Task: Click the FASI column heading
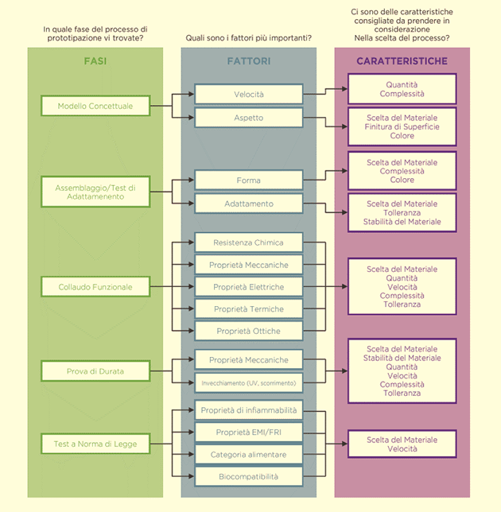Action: click(x=95, y=61)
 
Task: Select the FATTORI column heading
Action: click(x=249, y=61)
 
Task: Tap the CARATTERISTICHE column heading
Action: click(x=402, y=61)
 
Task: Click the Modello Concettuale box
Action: click(x=95, y=106)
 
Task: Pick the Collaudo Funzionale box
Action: click(x=95, y=287)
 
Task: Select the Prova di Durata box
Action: click(x=95, y=371)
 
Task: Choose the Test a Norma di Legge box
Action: click(x=95, y=444)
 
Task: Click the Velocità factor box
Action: click(x=249, y=95)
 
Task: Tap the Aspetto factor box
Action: click(x=249, y=118)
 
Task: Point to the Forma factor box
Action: click(x=249, y=180)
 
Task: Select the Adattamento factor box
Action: click(x=249, y=204)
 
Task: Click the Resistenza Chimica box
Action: click(x=249, y=242)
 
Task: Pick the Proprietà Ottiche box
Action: click(x=249, y=331)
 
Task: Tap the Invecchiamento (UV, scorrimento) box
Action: click(x=249, y=382)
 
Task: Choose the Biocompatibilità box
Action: click(x=249, y=476)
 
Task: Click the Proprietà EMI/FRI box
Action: click(x=249, y=432)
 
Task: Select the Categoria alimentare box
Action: click(x=249, y=454)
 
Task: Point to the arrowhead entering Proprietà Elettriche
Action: click(x=191, y=287)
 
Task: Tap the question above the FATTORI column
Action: click(x=249, y=38)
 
